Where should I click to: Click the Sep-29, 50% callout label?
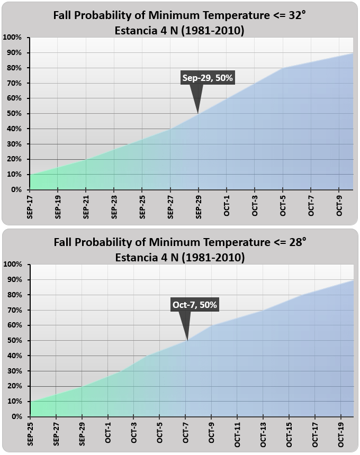(x=208, y=78)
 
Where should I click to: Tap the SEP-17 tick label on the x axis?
(x=30, y=205)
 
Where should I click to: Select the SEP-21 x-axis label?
(x=86, y=205)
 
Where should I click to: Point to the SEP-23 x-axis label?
(x=114, y=205)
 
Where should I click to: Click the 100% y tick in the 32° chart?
(x=12, y=38)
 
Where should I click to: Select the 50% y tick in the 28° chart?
(x=13, y=341)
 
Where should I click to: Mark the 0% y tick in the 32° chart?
(x=15, y=189)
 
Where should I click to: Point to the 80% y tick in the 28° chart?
(x=13, y=295)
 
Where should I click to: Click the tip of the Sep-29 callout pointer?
(x=198, y=113)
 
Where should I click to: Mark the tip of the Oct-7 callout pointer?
(x=187, y=340)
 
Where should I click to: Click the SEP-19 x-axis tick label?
(x=58, y=205)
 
